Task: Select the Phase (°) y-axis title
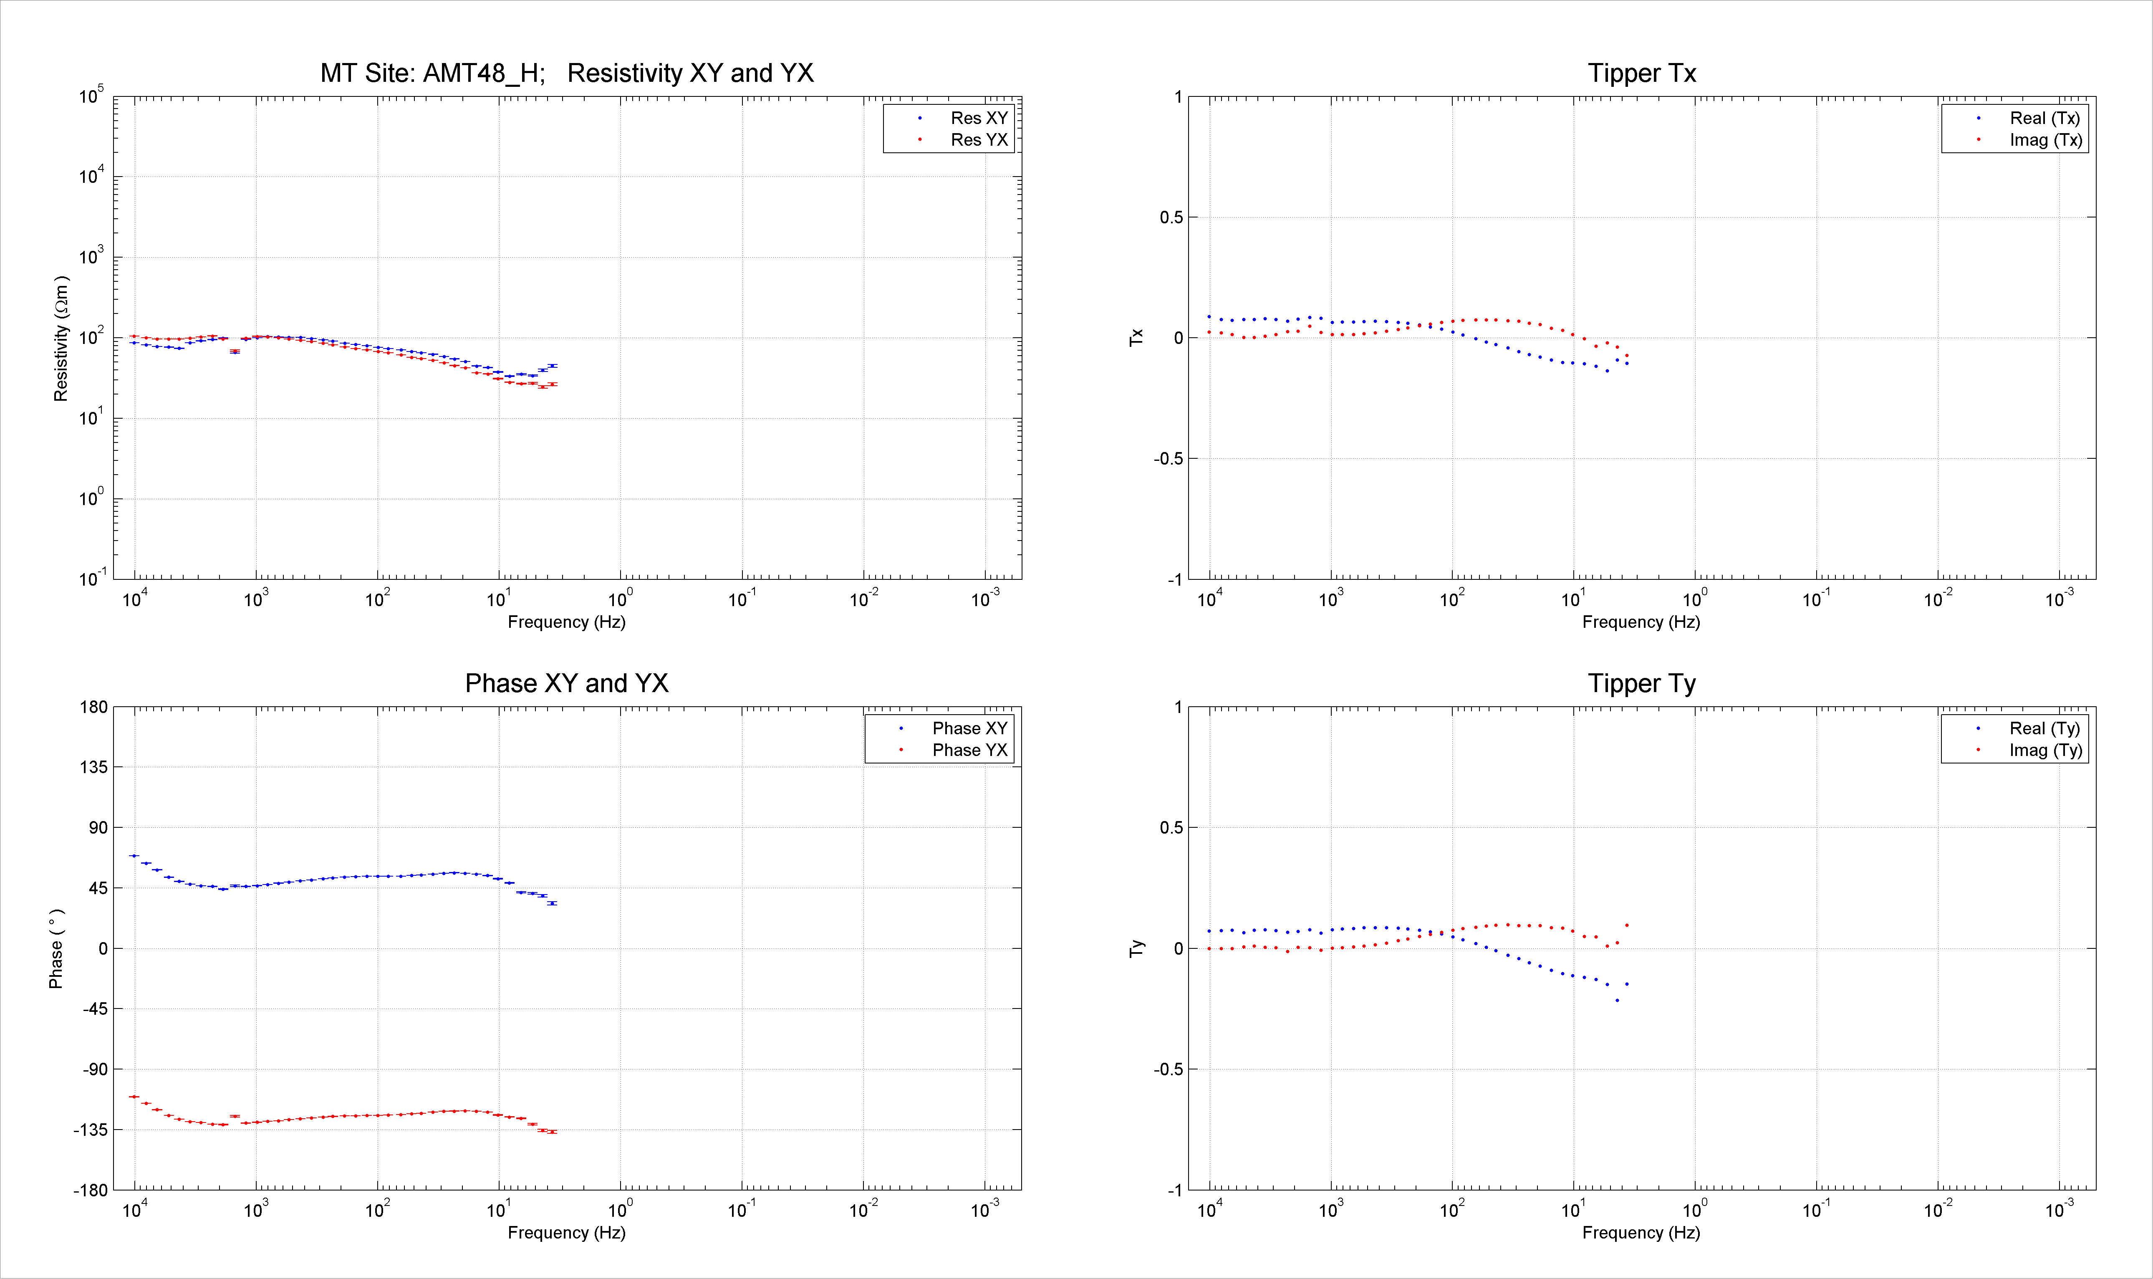56,948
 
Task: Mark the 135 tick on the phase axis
94,767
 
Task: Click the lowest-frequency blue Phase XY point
552,903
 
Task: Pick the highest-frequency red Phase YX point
134,1096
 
